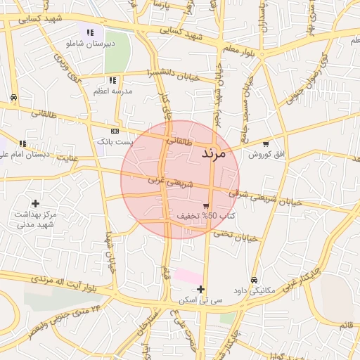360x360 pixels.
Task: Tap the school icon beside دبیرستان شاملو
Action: [x=89, y=32]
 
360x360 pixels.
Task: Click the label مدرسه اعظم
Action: [x=110, y=91]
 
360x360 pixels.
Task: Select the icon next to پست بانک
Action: [x=115, y=131]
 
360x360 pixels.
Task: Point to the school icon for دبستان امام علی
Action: [x=23, y=143]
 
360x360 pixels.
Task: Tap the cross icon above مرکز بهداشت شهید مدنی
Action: [x=35, y=203]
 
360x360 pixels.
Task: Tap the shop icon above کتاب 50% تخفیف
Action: [x=205, y=205]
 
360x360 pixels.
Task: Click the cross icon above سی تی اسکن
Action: [x=201, y=289]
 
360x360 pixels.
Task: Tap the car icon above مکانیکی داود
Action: [x=254, y=279]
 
